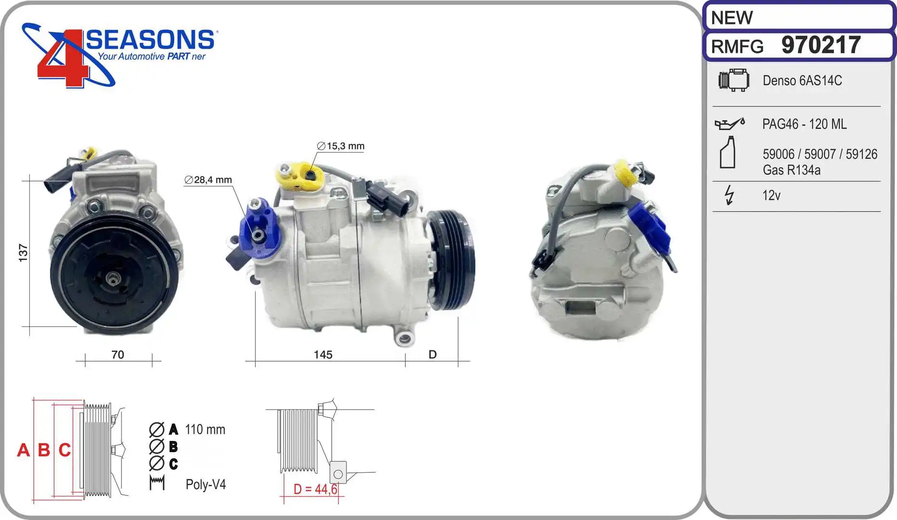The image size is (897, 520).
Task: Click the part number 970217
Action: coord(820,45)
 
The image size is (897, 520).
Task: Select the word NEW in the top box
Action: coord(731,18)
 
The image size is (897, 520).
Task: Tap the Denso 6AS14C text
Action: coord(802,80)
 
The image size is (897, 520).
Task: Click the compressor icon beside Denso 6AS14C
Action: coord(734,80)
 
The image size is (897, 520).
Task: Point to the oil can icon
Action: coord(729,124)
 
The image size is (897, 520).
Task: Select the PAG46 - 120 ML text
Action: coord(804,124)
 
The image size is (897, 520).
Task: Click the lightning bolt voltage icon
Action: coord(729,195)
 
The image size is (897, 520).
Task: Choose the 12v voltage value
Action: coord(771,195)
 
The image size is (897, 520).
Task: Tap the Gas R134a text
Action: coord(791,170)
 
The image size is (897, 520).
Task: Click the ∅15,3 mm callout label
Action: coord(340,146)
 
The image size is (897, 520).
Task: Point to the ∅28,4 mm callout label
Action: coord(208,180)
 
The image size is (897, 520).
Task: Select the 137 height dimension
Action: coord(23,253)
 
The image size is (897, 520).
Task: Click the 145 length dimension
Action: coord(323,355)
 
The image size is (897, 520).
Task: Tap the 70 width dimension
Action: coord(117,355)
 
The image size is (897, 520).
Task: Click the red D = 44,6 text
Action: coord(315,489)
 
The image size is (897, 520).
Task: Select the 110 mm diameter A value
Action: coord(205,429)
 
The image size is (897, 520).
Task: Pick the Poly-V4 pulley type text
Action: coord(206,484)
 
